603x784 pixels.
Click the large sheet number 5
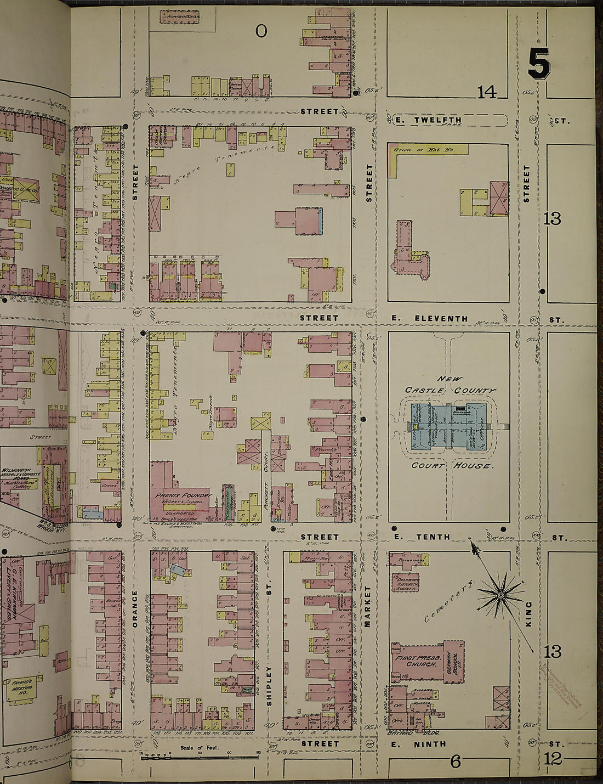coord(538,64)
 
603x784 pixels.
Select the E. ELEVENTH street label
coord(441,318)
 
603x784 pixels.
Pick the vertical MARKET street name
coord(368,606)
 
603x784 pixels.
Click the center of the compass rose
coord(500,594)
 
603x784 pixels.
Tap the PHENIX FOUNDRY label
coord(183,495)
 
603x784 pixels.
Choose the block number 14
coord(486,92)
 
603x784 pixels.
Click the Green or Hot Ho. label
coord(417,149)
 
